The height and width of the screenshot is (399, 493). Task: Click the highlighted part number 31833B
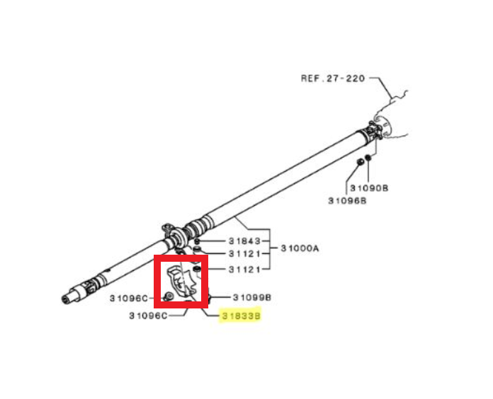[241, 316]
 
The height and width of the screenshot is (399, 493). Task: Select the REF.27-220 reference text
[333, 78]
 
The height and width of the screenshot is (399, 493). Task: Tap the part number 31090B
[369, 188]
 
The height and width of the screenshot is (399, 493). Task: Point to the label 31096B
[347, 201]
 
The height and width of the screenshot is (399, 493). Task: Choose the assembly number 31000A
[300, 248]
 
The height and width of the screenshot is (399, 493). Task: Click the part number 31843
[244, 241]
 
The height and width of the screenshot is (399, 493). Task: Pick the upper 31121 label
[244, 254]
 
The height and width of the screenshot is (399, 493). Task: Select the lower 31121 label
[244, 270]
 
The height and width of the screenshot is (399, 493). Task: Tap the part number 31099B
[252, 297]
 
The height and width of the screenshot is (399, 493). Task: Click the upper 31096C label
[129, 298]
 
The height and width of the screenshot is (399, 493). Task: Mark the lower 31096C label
[149, 316]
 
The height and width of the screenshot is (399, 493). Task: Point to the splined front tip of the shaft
[67, 298]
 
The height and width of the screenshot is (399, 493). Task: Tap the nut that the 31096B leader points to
[361, 162]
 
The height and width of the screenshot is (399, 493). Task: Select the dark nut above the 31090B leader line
[368, 158]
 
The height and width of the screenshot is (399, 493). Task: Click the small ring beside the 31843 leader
[197, 241]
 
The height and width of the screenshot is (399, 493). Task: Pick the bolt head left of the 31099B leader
[208, 297]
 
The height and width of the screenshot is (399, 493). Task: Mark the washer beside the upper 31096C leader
[169, 296]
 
